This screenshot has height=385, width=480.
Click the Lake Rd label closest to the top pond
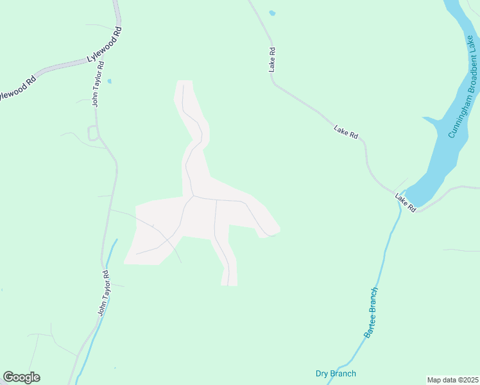point(273,59)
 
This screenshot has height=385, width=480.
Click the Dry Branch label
point(336,373)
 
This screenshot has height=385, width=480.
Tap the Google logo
point(21,377)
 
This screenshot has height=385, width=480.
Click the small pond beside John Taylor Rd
point(110,81)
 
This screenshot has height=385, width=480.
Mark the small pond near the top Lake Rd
point(272,13)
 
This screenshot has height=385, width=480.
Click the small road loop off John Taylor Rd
point(92,133)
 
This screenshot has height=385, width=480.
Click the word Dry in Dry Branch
point(322,373)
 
